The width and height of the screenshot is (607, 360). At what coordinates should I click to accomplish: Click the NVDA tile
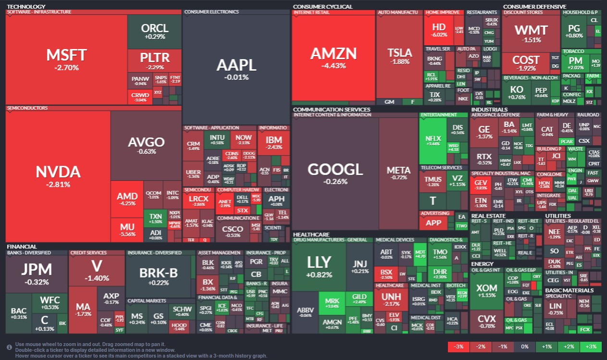click(x=58, y=175)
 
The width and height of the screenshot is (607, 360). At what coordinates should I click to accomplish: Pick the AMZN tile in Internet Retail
click(x=334, y=57)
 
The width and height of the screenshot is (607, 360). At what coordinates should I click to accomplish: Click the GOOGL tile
click(x=335, y=173)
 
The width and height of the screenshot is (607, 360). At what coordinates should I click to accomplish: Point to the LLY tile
click(x=319, y=266)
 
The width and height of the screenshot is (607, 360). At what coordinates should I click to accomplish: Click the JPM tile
click(x=37, y=273)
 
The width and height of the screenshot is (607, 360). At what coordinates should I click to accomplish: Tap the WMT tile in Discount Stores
click(x=531, y=33)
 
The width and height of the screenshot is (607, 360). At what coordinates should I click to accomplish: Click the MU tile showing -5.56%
click(x=127, y=230)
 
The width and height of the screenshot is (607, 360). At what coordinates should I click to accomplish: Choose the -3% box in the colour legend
click(x=458, y=347)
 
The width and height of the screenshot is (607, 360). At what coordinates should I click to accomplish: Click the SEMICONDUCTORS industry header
click(x=27, y=108)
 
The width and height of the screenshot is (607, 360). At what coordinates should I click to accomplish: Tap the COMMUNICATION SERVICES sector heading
click(x=332, y=110)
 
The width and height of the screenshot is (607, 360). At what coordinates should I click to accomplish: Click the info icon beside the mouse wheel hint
click(x=9, y=347)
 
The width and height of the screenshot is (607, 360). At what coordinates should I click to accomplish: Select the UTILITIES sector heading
click(x=557, y=216)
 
